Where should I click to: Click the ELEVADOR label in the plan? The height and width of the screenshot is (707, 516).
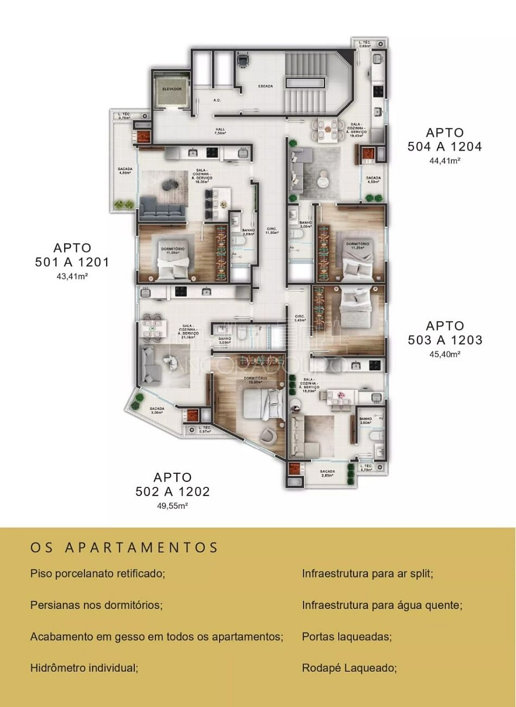(171, 89)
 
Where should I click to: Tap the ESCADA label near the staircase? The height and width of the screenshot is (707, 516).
(265, 86)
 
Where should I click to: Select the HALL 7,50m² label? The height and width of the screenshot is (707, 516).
(220, 131)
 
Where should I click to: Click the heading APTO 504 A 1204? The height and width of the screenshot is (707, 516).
(444, 139)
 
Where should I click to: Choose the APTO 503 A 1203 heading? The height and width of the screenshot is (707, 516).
(445, 333)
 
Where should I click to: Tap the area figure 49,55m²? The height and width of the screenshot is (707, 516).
(172, 506)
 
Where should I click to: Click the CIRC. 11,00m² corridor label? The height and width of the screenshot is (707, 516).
(272, 231)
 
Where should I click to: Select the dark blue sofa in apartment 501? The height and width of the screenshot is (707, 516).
(163, 208)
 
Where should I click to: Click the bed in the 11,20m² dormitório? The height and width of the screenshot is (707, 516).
(173, 267)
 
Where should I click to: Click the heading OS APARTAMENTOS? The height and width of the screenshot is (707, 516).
(124, 547)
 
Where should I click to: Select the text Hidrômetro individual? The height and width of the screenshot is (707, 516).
(84, 668)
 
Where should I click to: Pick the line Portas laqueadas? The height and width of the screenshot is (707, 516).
(346, 636)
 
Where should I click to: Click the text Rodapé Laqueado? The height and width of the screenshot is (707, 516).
(349, 668)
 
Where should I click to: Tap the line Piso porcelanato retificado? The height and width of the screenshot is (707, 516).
(97, 573)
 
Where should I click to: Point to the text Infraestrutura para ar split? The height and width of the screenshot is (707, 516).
(367, 573)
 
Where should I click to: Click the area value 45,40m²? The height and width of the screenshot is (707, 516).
(445, 354)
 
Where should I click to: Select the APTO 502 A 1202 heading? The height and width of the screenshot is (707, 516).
(172, 484)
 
